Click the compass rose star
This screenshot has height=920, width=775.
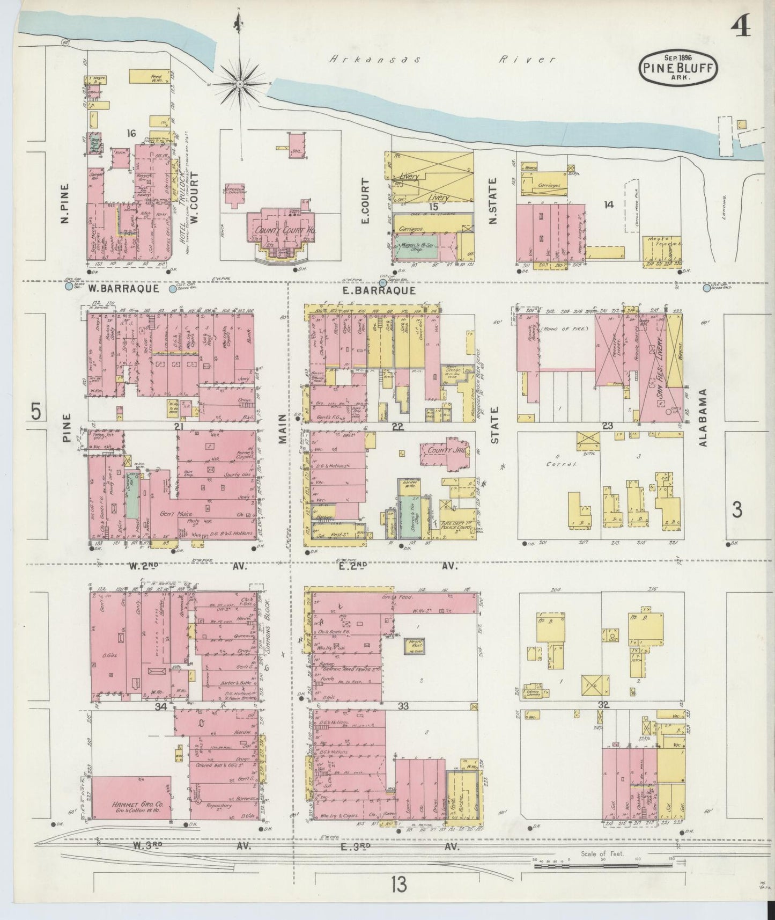tap(239, 84)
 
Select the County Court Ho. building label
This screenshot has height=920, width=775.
tap(277, 230)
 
